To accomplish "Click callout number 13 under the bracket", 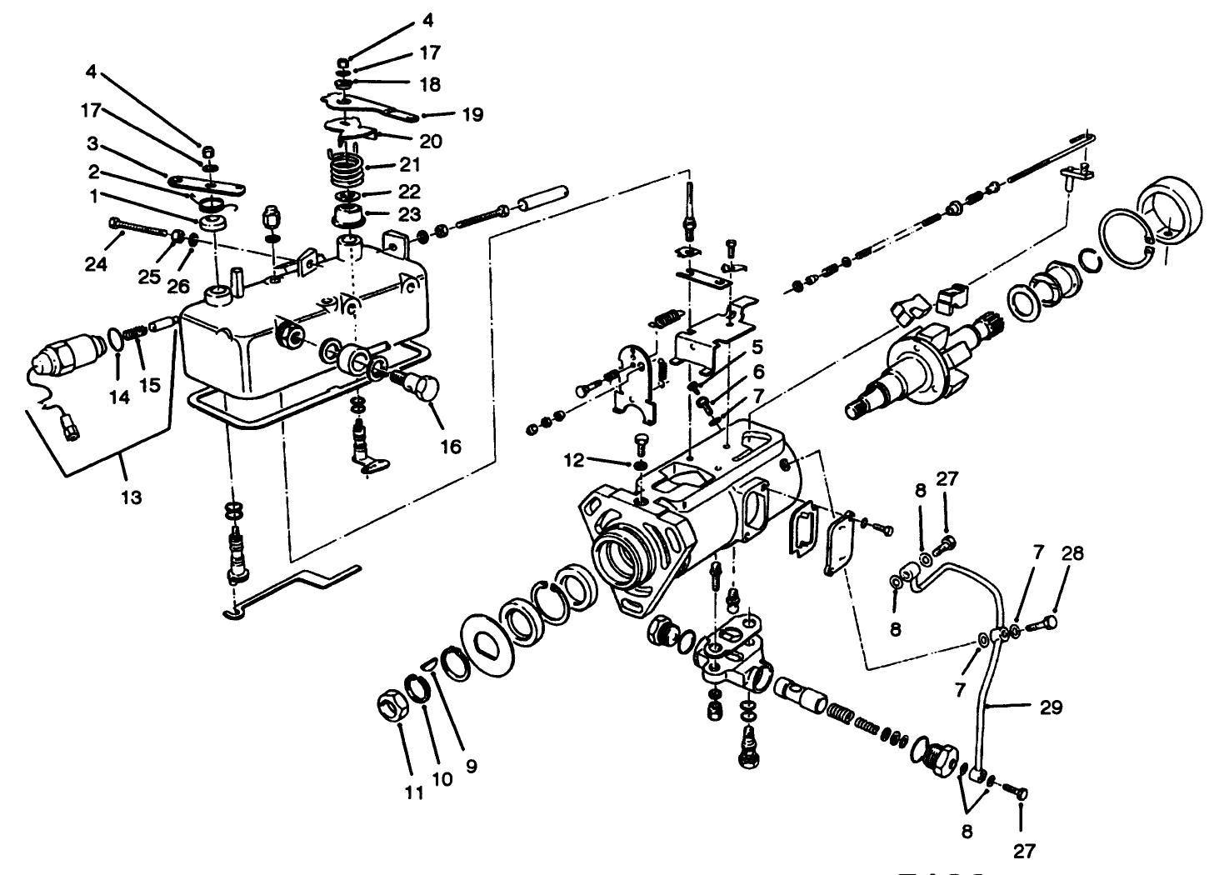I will point(131,497).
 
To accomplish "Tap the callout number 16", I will point(450,447).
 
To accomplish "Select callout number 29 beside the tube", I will point(1052,707).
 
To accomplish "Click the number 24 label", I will point(96,264).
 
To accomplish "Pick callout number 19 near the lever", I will point(472,114).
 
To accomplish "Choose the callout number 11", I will point(414,793).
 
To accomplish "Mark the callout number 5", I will point(756,345).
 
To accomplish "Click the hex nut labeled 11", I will point(390,709).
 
